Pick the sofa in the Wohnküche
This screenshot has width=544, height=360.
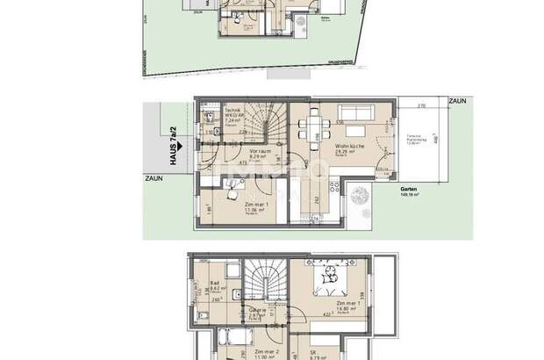pyautogui.click(x=357, y=113)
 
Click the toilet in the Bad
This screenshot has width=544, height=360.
pyautogui.click(x=203, y=315)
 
